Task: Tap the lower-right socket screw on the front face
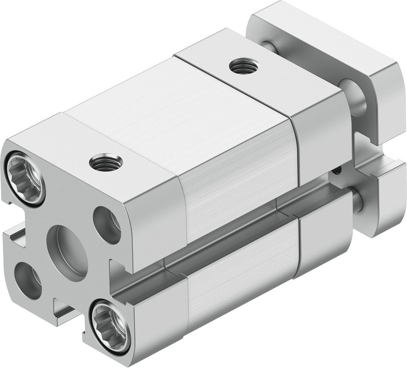[107, 323]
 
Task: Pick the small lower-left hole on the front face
[27, 280]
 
